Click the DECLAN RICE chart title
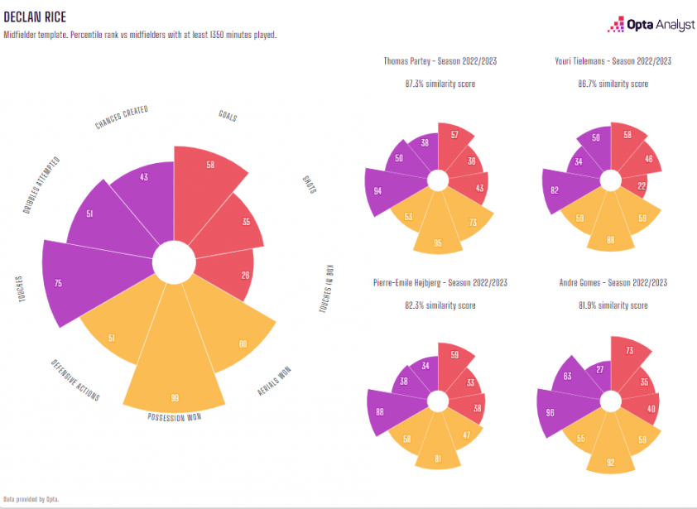tap(35, 17)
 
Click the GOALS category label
tap(228, 117)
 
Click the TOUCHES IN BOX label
tap(329, 289)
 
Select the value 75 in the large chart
tap(58, 283)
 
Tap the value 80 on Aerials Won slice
tap(243, 343)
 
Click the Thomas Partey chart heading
tap(440, 61)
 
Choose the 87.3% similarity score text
tap(440, 84)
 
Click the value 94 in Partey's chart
tap(377, 191)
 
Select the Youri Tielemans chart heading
tap(613, 61)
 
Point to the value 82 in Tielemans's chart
tap(554, 190)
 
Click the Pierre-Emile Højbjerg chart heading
tap(440, 283)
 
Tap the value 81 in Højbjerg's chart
tap(439, 458)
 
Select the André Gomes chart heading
tap(613, 283)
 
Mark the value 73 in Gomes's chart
tap(630, 351)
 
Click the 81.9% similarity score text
tap(613, 305)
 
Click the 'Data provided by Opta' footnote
tap(31, 498)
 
